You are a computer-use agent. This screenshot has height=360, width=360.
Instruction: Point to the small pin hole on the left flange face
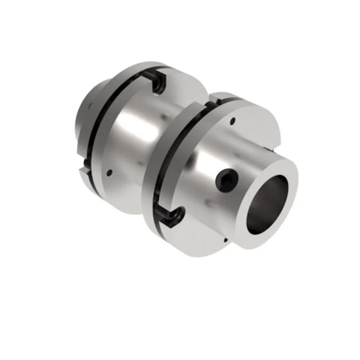[110, 172]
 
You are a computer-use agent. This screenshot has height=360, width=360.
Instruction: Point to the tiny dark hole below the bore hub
[225, 240]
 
